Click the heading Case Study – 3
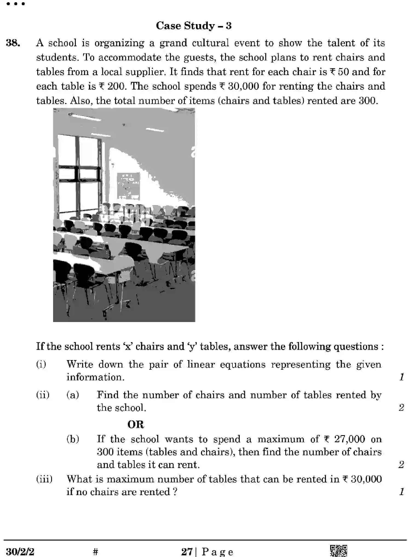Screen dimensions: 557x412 (x=194, y=26)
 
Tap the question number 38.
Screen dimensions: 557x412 (x=13, y=43)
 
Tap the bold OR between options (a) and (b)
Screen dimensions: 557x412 (x=136, y=424)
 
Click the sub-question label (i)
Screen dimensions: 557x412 (x=41, y=364)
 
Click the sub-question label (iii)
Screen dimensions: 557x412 (x=44, y=479)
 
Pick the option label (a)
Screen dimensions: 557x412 (x=73, y=395)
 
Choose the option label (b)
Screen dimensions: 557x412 (x=73, y=439)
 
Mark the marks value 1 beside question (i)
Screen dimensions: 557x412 (x=401, y=377)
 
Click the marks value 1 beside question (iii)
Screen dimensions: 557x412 (x=401, y=492)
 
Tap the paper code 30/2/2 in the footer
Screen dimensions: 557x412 (x=20, y=551)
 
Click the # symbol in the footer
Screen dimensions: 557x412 (x=95, y=551)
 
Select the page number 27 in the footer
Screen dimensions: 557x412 (x=187, y=551)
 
